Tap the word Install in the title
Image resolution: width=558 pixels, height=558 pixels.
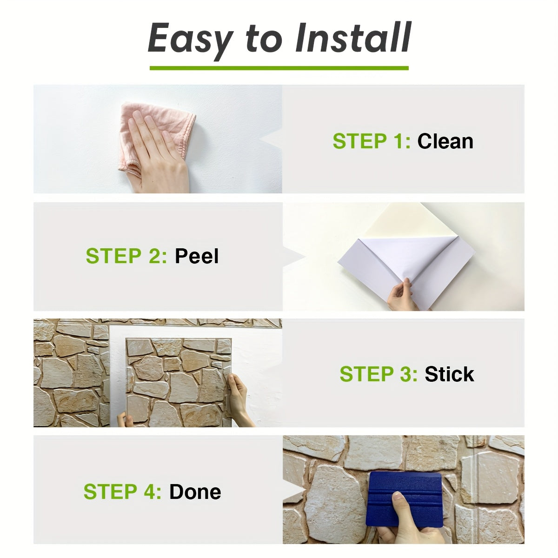pos(353,38)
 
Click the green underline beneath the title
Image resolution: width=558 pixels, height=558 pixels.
pos(279,68)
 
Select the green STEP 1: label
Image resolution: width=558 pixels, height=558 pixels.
pos(371,141)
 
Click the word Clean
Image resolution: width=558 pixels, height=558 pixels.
pos(445,141)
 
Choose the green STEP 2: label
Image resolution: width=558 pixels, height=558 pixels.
pos(126,256)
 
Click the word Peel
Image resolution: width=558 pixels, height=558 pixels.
pos(196,256)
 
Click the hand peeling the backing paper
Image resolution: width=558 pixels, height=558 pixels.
pos(401,295)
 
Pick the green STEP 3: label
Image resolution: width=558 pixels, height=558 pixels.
pos(378,374)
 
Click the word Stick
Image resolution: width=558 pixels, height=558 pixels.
pos(449,374)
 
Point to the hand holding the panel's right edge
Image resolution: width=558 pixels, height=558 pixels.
pos(239,395)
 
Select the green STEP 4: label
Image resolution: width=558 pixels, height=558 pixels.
pos(122,492)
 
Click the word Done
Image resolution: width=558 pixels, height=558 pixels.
pos(195,492)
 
